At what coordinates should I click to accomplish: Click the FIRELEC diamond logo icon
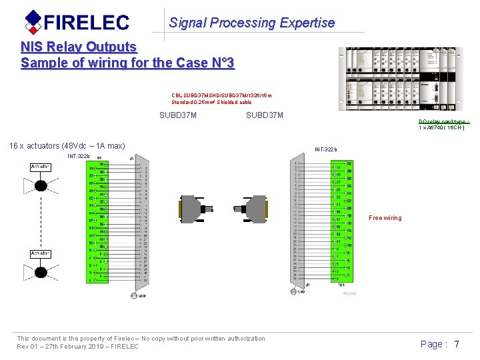(x=33, y=21)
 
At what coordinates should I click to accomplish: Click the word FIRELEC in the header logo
(x=86, y=23)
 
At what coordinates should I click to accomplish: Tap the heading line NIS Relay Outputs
(x=79, y=47)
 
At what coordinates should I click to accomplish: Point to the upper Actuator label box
(x=41, y=167)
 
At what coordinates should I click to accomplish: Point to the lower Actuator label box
(x=41, y=253)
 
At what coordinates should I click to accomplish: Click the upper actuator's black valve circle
(x=41, y=185)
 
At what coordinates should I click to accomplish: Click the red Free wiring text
(x=385, y=218)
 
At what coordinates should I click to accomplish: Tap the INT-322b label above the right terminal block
(x=326, y=149)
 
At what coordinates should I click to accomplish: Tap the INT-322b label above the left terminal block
(x=79, y=156)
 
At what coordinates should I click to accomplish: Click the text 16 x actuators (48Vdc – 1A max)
(x=67, y=146)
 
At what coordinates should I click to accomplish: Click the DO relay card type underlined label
(x=444, y=121)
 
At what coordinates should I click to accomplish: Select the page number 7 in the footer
(x=457, y=344)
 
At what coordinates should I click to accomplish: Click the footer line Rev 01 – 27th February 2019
(x=77, y=347)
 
